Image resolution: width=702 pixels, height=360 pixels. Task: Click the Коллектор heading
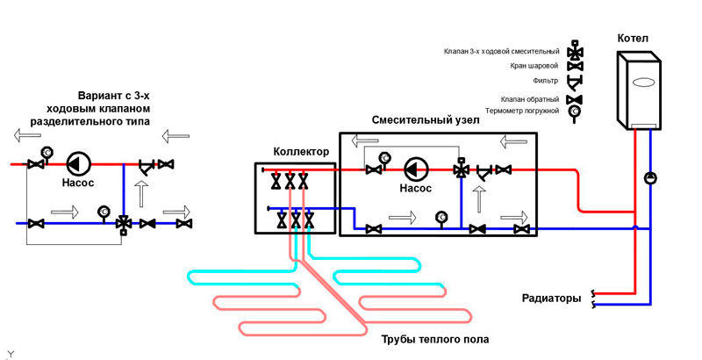click(x=301, y=151)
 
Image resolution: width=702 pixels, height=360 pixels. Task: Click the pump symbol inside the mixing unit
click(x=416, y=169)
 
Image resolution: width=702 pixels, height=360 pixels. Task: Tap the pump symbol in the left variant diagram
click(x=78, y=163)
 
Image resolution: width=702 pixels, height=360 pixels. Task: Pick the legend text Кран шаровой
click(x=534, y=66)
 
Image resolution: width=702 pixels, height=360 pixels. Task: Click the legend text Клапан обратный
click(x=530, y=99)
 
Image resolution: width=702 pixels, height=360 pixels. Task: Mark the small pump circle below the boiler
click(x=649, y=178)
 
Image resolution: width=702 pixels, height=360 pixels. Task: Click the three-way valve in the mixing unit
click(x=460, y=170)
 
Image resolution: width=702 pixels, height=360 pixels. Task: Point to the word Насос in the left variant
click(x=78, y=186)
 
